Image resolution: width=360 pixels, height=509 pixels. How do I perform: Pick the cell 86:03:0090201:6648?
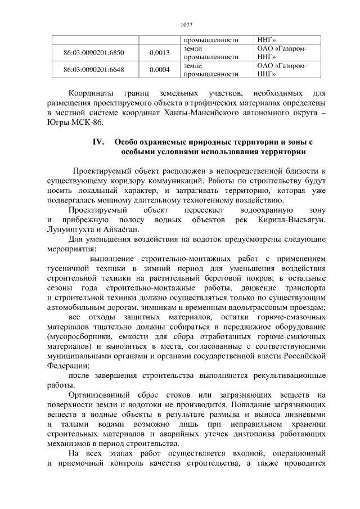coord(94,70)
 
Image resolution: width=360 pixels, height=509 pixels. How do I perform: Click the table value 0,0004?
coord(160,70)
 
